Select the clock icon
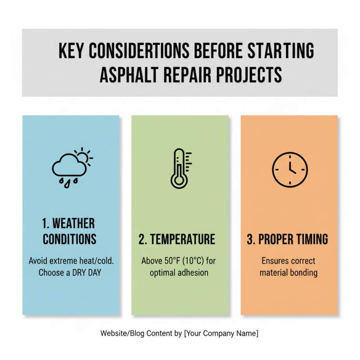289,170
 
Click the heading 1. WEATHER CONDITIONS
70,231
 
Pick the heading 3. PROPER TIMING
287,239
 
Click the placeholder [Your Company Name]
221,333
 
